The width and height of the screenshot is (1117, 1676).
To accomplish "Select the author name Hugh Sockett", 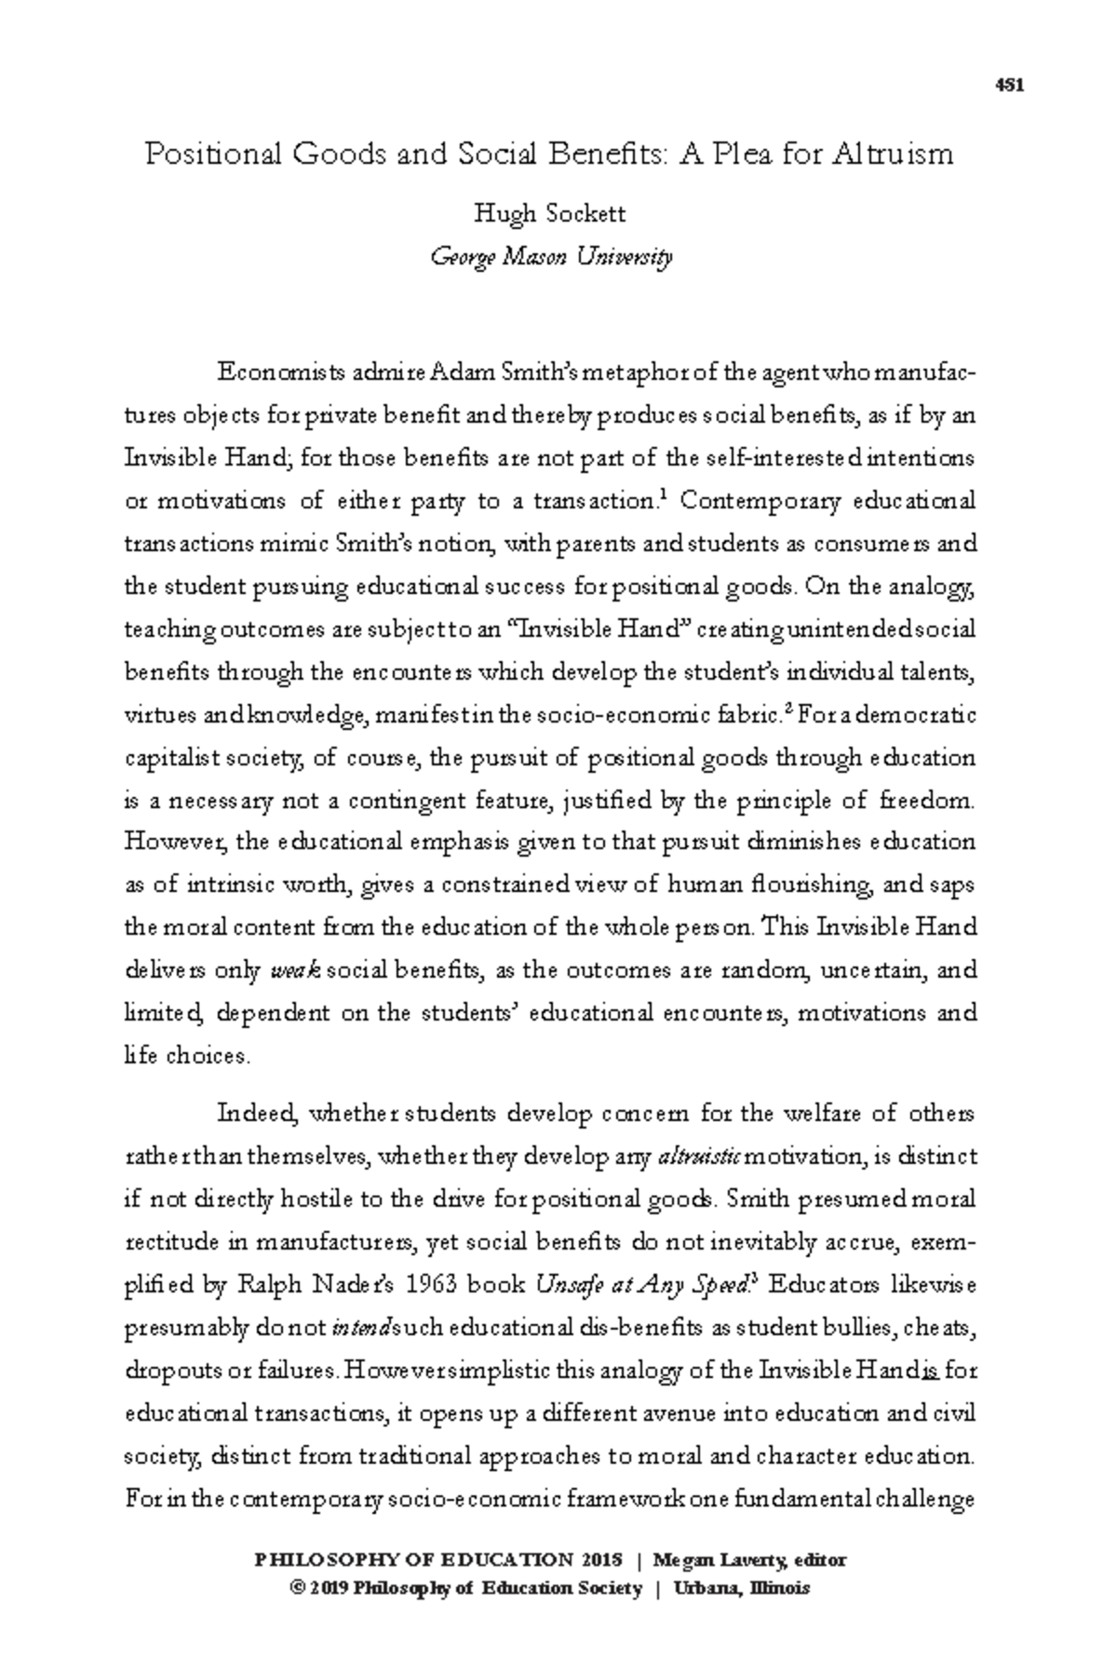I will point(549,214).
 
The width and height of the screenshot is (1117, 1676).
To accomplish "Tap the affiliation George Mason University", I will point(549,256).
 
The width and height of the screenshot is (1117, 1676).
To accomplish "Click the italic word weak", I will point(294,971).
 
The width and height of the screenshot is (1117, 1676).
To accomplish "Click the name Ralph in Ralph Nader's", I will point(272,1286).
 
